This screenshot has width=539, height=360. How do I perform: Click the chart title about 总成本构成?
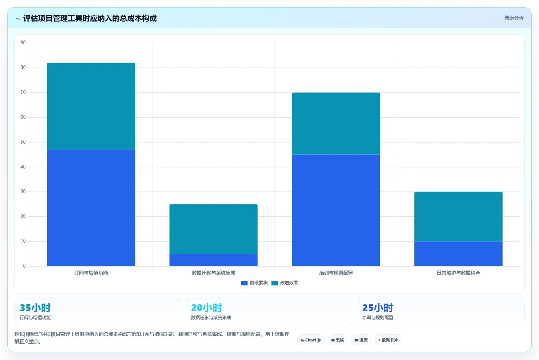click(x=90, y=18)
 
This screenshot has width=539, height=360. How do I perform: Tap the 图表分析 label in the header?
click(x=514, y=18)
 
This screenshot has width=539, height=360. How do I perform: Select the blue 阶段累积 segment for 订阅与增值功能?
click(x=91, y=208)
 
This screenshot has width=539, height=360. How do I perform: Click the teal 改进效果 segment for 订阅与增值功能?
click(x=91, y=106)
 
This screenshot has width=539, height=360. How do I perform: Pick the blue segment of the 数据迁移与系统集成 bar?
click(x=213, y=260)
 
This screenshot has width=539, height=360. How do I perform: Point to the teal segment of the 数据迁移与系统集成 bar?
click(x=213, y=229)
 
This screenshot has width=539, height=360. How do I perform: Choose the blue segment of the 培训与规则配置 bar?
click(x=336, y=210)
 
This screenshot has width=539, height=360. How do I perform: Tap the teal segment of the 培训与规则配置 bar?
click(x=336, y=124)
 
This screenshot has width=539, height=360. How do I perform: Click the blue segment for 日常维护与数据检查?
click(x=459, y=253)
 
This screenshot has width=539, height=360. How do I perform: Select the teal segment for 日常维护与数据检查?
click(x=459, y=216)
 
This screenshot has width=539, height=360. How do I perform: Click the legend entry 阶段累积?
click(x=254, y=283)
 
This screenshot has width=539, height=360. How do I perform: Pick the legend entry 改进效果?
click(x=285, y=283)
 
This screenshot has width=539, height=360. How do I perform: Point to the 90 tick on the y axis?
click(x=23, y=43)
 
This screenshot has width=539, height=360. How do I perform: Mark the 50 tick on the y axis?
click(x=23, y=142)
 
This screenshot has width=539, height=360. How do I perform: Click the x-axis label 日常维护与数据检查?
click(x=459, y=273)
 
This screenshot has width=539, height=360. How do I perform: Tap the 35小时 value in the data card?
click(x=35, y=308)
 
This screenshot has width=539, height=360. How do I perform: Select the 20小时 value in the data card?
click(x=207, y=308)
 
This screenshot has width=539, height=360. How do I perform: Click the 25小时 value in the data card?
click(x=378, y=308)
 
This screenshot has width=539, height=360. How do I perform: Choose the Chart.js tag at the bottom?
click(x=311, y=340)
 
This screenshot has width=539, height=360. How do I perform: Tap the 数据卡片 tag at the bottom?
click(x=388, y=340)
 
